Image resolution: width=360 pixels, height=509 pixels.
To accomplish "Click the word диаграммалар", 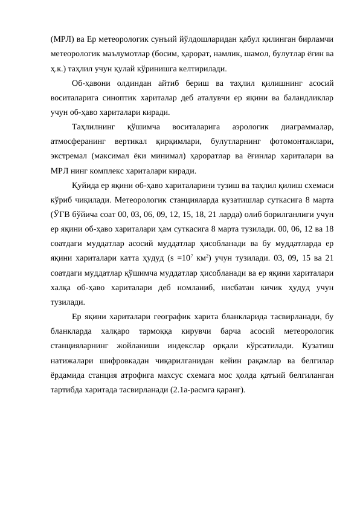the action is (x=303, y=126).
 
